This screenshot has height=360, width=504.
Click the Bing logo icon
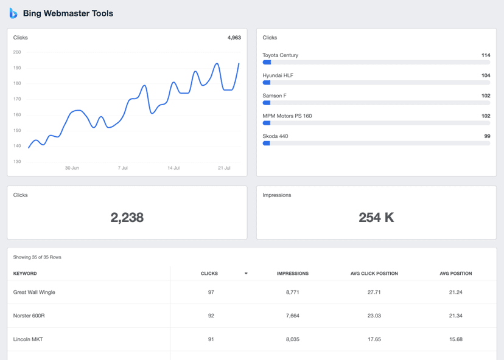[x=13, y=13]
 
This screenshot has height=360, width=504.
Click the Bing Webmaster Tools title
[x=68, y=13]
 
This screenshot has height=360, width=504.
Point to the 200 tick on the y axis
[x=17, y=52]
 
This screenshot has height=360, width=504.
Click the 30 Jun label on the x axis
[x=72, y=168]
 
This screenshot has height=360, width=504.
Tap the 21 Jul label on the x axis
[x=224, y=168]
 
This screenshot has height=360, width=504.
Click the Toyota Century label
[x=280, y=55]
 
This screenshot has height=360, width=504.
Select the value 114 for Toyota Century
[x=485, y=55]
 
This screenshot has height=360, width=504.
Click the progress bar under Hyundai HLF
[x=376, y=82]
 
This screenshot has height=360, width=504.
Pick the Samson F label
[x=274, y=95]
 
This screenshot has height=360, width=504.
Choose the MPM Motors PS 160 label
[x=287, y=116]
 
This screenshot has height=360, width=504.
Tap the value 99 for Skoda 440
[x=487, y=136]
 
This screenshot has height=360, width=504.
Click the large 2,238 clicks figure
[x=127, y=218]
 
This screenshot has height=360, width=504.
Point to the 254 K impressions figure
[x=376, y=218]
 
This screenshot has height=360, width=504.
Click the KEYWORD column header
[x=25, y=274]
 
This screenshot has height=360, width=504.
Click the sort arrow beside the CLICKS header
[x=246, y=274]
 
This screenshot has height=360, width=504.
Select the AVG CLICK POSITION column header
[x=374, y=274]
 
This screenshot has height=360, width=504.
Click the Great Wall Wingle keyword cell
[x=34, y=292]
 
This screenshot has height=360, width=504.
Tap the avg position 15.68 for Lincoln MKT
[x=455, y=339]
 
